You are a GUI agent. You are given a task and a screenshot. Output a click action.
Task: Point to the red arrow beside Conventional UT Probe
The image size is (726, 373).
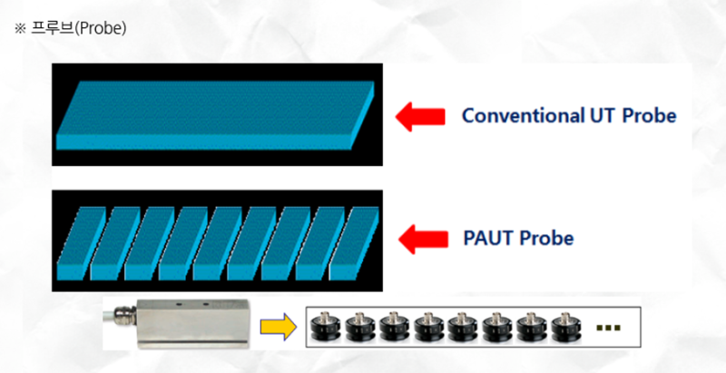click(420, 115)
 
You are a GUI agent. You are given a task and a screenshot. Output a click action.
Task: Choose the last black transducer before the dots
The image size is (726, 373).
click(565, 327)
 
